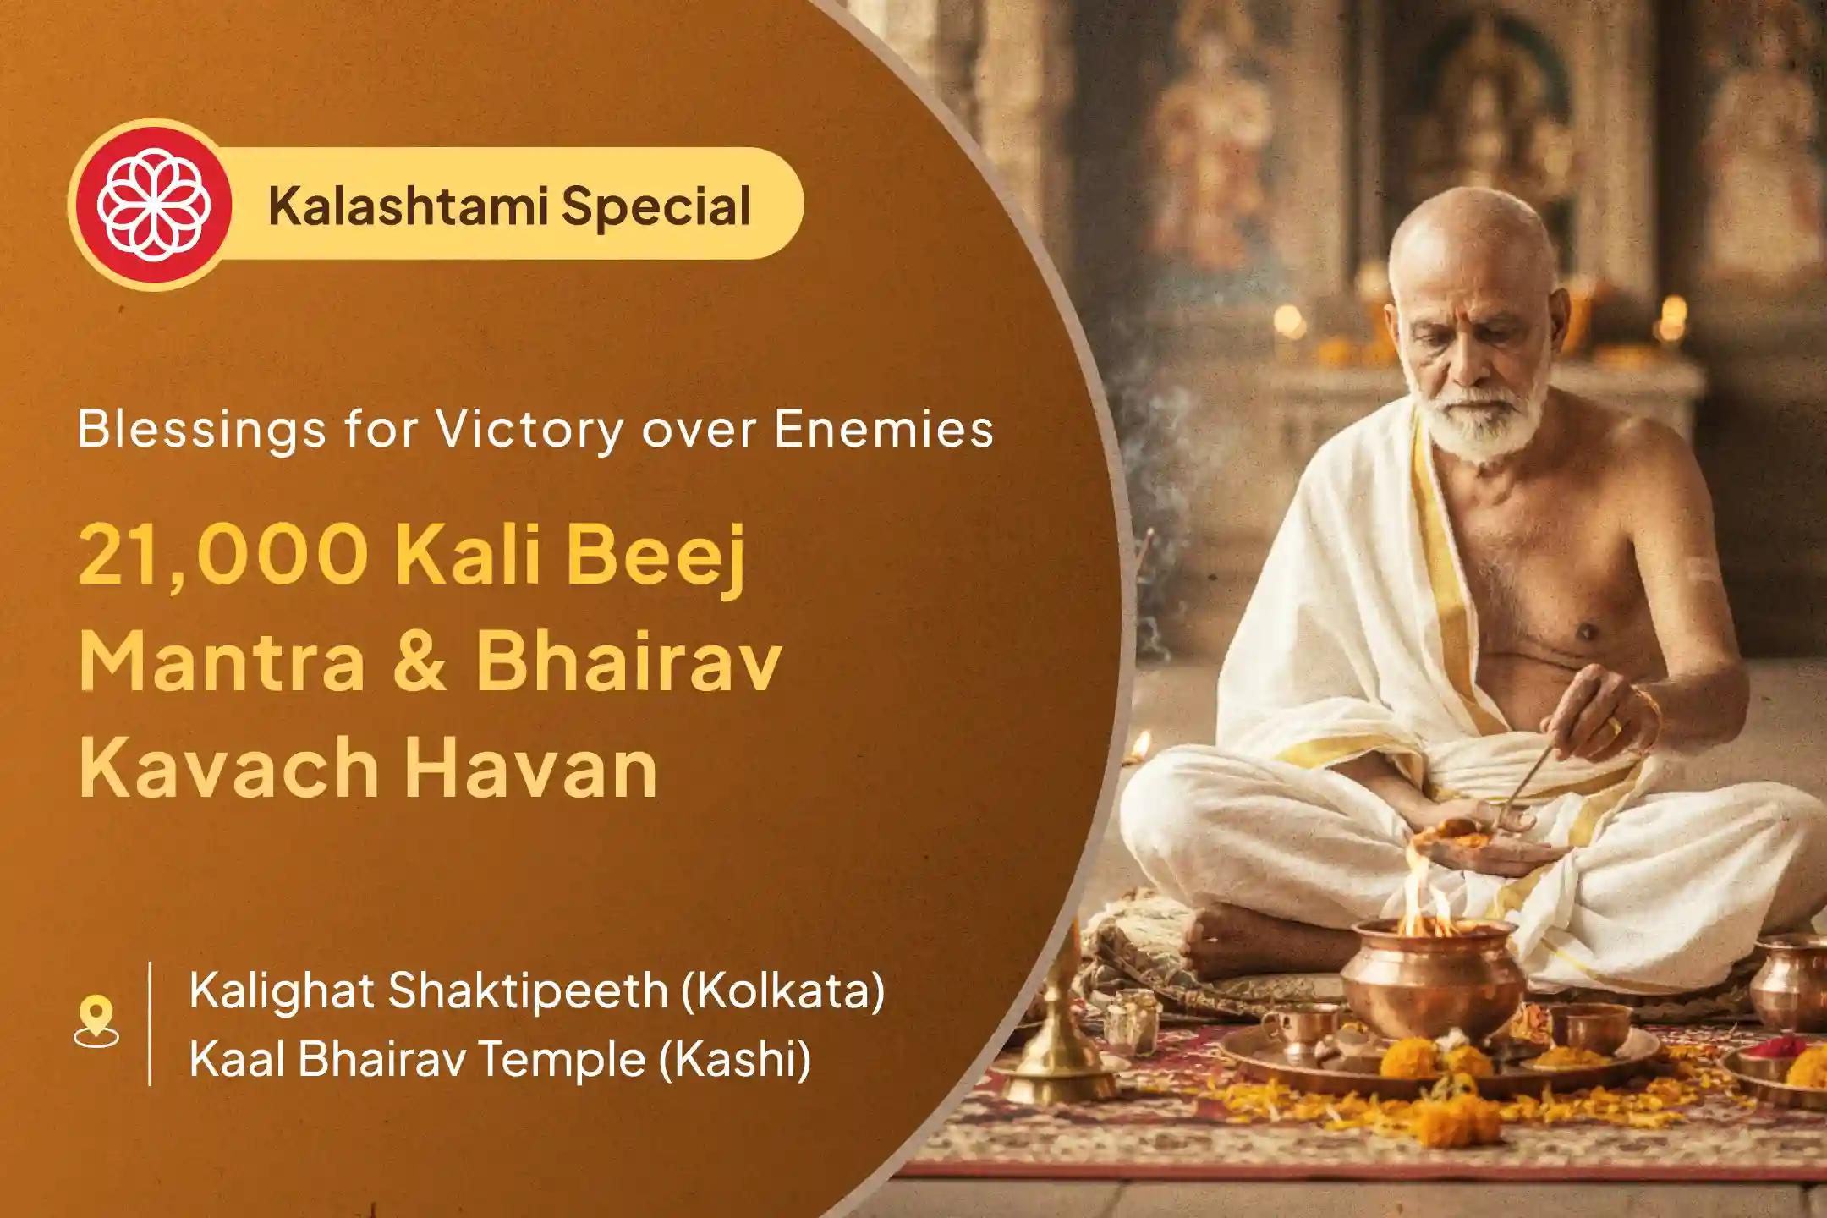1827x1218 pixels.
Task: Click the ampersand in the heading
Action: (420, 665)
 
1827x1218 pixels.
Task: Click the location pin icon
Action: (96, 1023)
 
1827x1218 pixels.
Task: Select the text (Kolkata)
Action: (782, 990)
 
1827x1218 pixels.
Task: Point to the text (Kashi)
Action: (733, 1058)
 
